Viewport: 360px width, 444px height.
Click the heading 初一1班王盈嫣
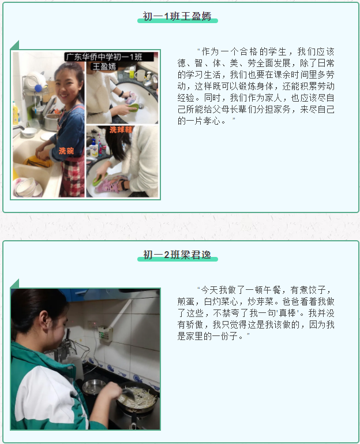coord(177,16)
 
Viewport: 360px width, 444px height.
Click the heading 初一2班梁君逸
coord(177,255)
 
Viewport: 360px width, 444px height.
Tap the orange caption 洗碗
coord(66,151)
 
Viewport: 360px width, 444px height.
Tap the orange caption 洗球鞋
coord(121,130)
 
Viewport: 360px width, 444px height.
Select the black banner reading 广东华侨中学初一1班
coord(109,57)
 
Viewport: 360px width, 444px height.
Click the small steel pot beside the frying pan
coord(93,386)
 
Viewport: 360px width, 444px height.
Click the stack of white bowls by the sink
coord(27,186)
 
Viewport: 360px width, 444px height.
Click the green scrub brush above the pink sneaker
coord(100,179)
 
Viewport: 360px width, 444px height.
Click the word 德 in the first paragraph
coord(182,63)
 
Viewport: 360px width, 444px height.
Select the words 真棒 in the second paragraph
coord(287,313)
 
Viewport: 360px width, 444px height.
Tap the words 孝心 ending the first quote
coord(212,121)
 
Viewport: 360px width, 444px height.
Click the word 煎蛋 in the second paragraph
coord(186,301)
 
